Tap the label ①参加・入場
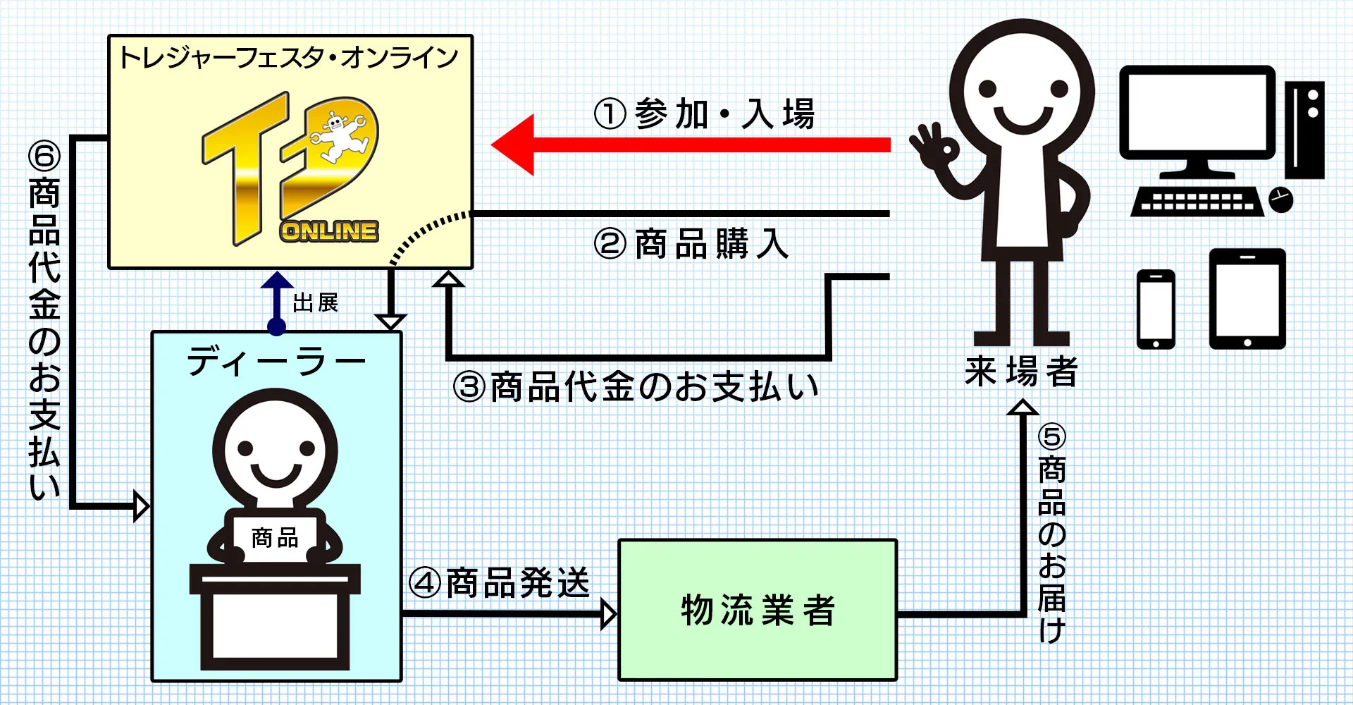pos(704,114)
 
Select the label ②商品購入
pos(691,244)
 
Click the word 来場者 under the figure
pos(1021,372)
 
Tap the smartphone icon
pos(1156,309)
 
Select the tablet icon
pos(1247,299)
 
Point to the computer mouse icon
pos(1281,200)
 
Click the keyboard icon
pos(1197,201)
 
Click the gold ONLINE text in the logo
pos(329,231)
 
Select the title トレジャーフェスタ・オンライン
pos(289,58)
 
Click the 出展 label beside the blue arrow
pos(315,303)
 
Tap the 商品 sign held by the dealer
pos(275,539)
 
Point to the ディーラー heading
pos(276,362)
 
